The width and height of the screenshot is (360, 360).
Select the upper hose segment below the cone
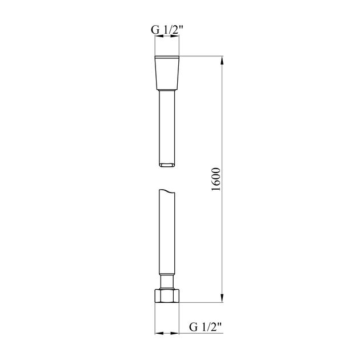(x=168, y=126)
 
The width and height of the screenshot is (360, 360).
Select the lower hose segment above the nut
(x=168, y=234)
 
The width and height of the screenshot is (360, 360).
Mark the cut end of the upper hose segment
(x=168, y=165)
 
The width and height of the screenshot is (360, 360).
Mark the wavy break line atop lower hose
(x=168, y=191)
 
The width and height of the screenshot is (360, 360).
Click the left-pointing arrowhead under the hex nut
(x=159, y=333)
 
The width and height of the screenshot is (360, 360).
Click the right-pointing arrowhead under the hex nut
(x=177, y=333)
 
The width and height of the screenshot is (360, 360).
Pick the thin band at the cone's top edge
(x=168, y=58)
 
